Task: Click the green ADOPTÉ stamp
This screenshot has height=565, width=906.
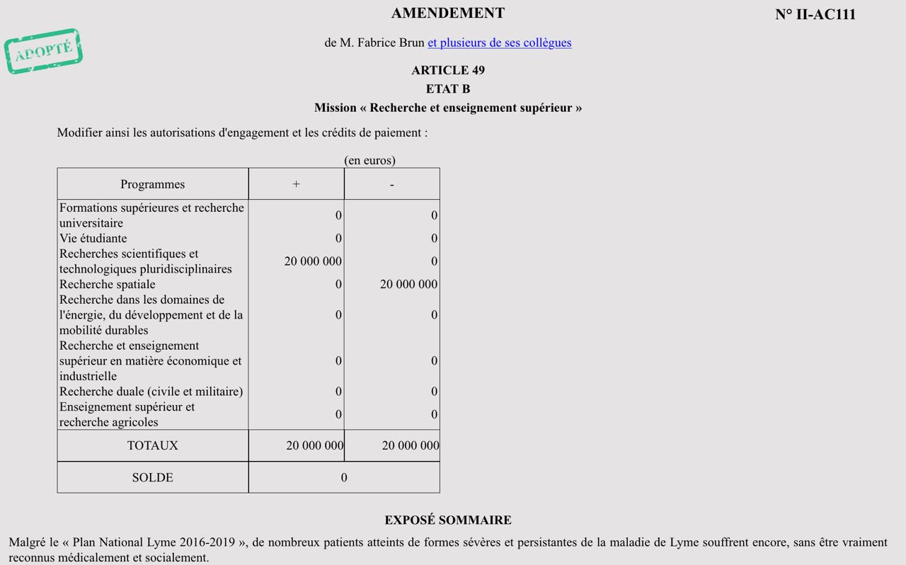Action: click(43, 51)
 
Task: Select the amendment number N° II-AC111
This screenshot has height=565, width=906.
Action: click(815, 15)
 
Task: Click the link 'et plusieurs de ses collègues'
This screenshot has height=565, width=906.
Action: click(499, 42)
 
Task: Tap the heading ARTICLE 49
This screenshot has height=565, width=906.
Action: click(448, 70)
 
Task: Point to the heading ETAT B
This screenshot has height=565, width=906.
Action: click(448, 89)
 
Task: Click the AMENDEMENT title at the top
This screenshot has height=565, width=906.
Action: click(448, 13)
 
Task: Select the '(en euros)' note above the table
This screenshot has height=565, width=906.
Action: click(369, 161)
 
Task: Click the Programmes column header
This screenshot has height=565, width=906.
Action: click(152, 184)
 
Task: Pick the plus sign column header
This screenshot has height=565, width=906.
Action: click(296, 184)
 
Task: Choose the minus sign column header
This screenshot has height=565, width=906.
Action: click(391, 184)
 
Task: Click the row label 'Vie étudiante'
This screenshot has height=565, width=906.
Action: click(93, 239)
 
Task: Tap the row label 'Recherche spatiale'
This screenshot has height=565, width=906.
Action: click(108, 285)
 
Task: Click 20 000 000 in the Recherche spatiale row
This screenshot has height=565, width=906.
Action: click(408, 285)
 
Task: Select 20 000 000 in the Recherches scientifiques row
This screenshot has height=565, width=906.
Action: click(313, 261)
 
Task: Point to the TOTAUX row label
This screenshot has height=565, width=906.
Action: click(152, 445)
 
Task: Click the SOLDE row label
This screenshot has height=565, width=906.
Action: click(152, 478)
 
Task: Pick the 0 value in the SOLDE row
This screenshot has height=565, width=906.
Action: click(344, 478)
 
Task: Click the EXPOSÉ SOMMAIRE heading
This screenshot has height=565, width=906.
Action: click(448, 520)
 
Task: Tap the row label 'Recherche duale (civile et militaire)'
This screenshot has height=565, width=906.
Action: click(151, 392)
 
